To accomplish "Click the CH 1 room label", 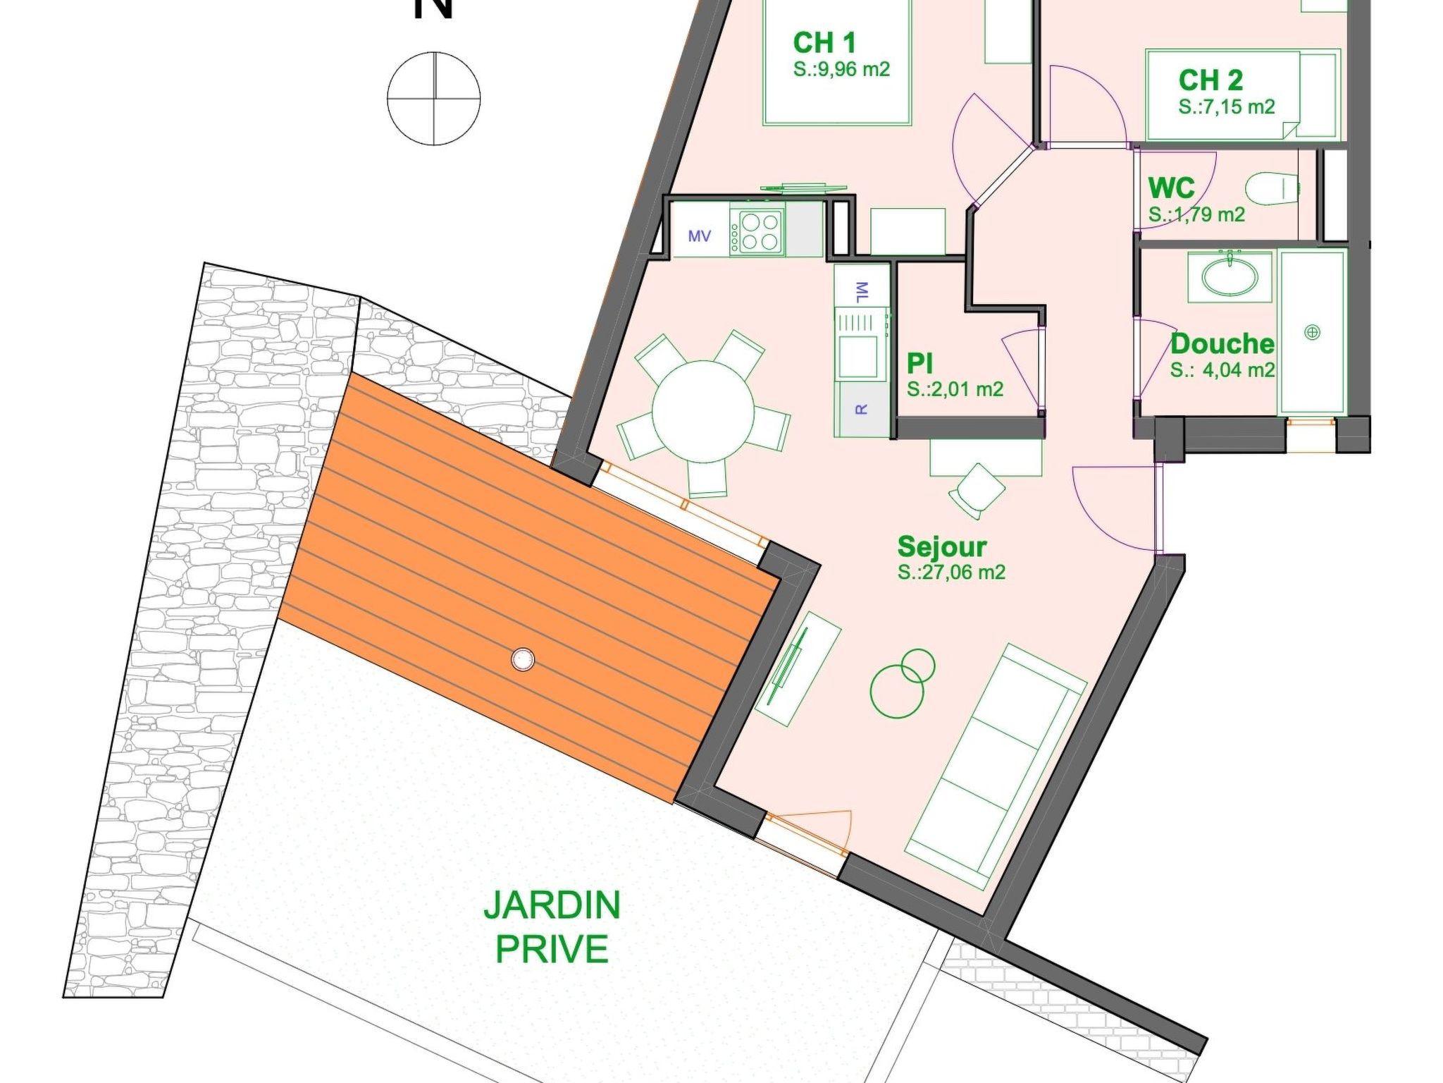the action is tap(824, 43).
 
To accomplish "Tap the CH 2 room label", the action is tap(1210, 80).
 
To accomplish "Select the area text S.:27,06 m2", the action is tap(951, 572).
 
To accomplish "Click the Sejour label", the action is tap(941, 546).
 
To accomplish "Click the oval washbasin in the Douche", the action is tap(1230, 276).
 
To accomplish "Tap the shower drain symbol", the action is tap(1312, 332).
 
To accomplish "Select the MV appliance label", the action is tap(699, 236).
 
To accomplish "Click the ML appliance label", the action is tap(862, 291).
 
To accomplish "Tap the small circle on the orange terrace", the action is tap(522, 660).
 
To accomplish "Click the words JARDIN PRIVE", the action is tap(552, 926).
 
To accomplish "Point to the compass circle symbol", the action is tap(433, 99).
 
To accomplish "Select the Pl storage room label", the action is tap(919, 363).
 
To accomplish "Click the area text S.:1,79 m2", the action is tap(1196, 214).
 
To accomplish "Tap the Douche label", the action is tap(1222, 344).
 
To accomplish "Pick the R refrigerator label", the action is tap(861, 409).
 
